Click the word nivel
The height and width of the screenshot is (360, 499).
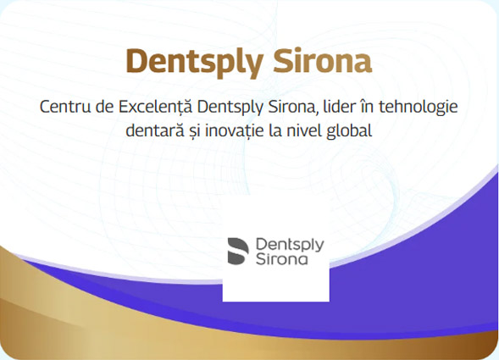[x=309, y=130]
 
